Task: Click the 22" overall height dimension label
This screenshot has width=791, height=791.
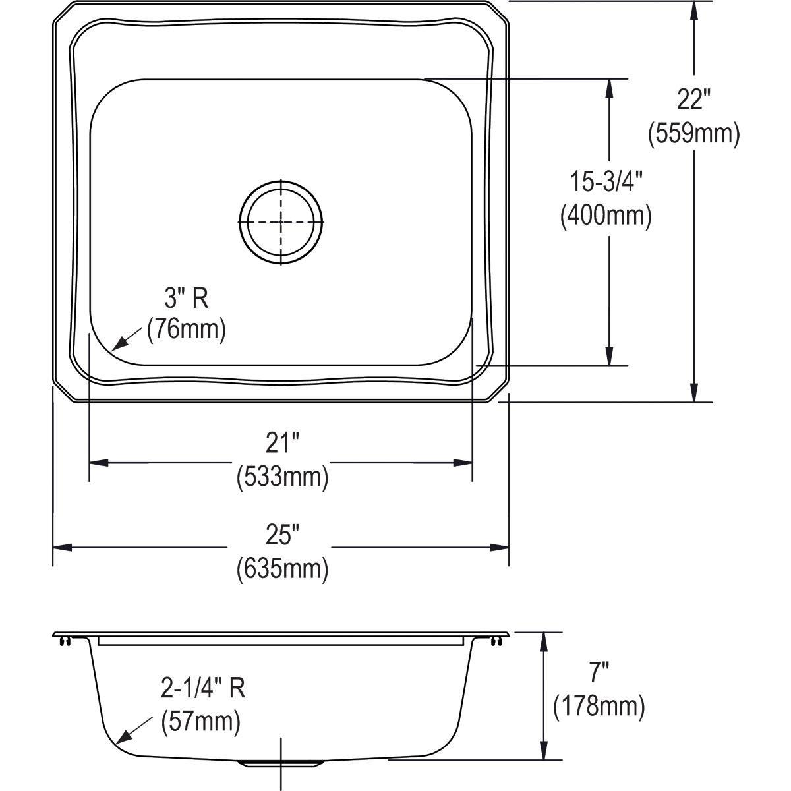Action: point(693,100)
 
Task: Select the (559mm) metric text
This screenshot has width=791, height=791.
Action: point(693,134)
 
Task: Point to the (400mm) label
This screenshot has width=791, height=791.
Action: point(606,216)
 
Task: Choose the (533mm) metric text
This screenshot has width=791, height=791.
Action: point(282,476)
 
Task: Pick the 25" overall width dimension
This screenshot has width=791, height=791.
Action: point(282,537)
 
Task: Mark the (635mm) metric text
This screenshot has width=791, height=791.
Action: point(282,568)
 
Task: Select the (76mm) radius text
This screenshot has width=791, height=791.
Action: point(186,329)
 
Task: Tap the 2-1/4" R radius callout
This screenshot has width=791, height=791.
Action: point(203,689)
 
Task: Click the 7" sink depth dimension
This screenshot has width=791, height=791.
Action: point(599,673)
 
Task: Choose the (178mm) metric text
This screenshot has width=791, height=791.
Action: point(599,707)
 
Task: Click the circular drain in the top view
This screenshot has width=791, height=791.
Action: point(281,222)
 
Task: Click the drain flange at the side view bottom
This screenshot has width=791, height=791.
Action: point(281,763)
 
